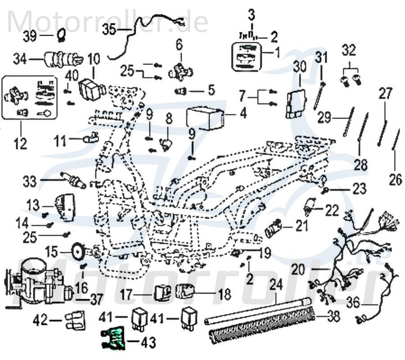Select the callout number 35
pyautogui.click(x=109, y=30)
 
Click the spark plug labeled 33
pyautogui.click(x=72, y=179)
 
